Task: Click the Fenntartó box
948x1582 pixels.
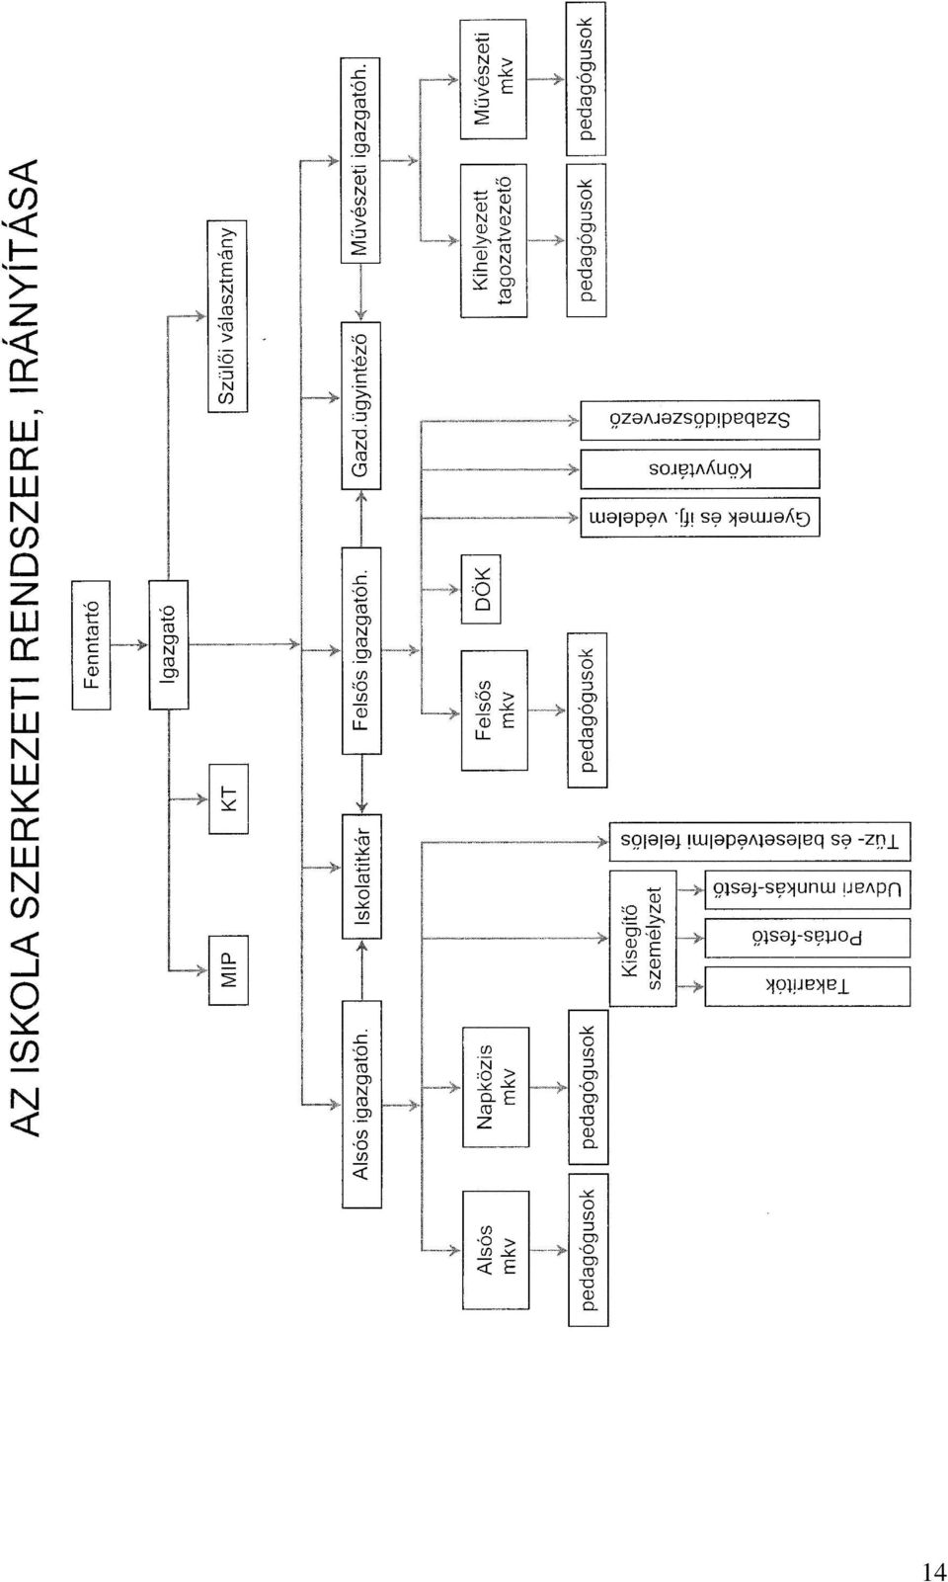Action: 91,644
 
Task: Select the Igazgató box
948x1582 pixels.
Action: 169,644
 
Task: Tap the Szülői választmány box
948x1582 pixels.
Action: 227,315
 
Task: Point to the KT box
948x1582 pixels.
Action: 229,798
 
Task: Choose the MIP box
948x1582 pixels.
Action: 229,969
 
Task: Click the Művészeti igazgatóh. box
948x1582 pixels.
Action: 360,161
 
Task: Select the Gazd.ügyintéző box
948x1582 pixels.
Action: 360,405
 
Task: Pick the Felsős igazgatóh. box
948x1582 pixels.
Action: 361,650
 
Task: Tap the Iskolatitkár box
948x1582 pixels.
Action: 361,876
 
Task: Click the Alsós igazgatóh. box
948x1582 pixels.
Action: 361,1104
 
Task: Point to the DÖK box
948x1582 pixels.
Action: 481,589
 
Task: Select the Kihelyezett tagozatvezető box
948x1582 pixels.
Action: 494,241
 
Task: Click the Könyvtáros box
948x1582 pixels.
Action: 700,469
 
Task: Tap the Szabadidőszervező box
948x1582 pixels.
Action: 700,420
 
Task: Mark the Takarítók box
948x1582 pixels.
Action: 808,986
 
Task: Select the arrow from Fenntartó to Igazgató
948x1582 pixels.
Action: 130,644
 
